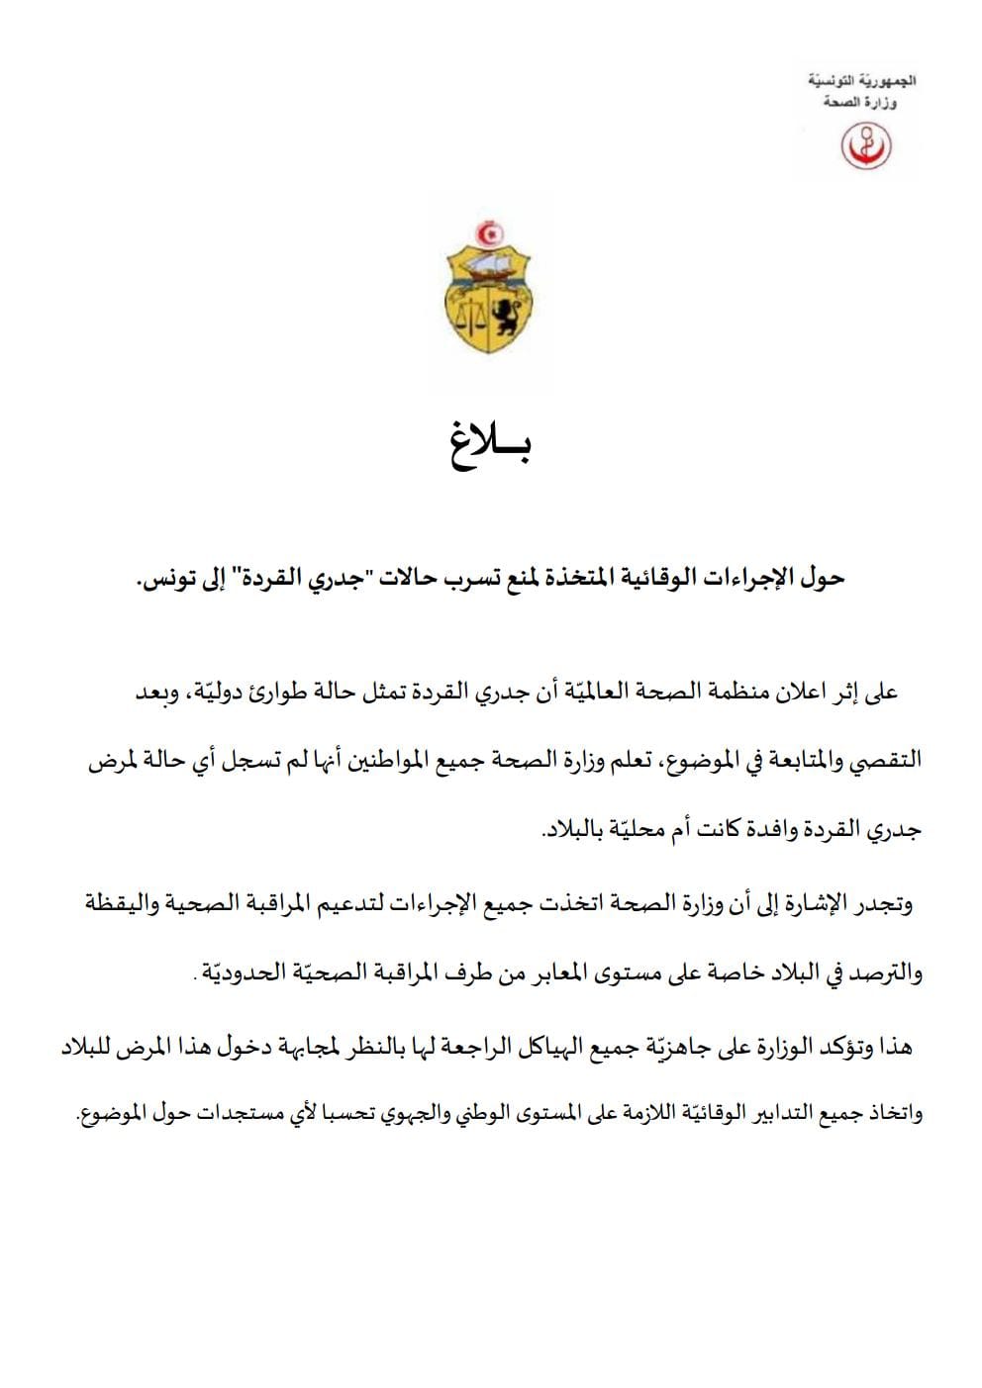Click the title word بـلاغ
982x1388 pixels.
[x=492, y=447]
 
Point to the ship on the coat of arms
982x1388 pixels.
[x=489, y=264]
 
